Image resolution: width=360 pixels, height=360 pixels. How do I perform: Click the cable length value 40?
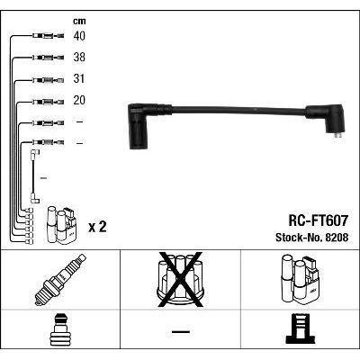click(x=79, y=36)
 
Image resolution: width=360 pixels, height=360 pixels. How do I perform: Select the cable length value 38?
click(x=79, y=57)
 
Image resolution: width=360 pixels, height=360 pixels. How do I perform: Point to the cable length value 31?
click(x=79, y=78)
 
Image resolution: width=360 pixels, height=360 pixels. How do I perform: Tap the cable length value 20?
click(x=79, y=100)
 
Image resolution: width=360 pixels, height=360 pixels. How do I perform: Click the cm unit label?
click(x=79, y=21)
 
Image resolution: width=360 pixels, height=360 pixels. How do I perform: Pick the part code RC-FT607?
click(x=318, y=220)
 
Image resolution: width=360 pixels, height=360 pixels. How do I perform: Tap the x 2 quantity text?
click(x=97, y=227)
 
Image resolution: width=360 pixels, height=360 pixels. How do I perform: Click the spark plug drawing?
click(x=60, y=280)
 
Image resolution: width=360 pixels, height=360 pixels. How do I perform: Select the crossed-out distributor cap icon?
click(x=180, y=280)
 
